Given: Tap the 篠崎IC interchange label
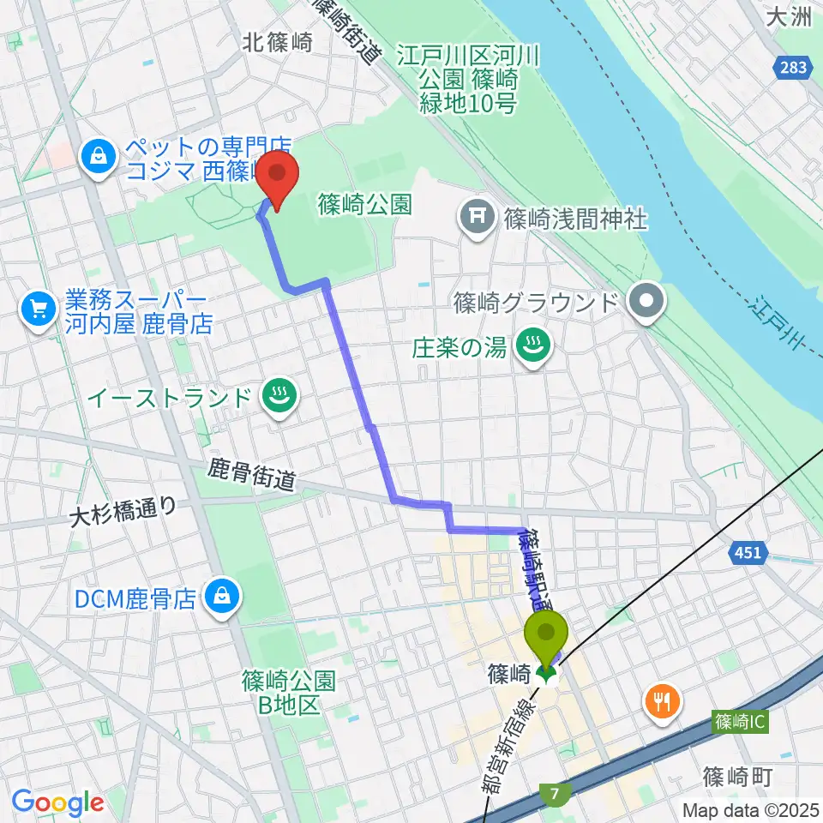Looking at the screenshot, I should point(739,724).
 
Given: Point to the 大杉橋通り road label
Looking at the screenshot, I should point(123,511).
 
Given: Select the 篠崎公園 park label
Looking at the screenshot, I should point(364,204).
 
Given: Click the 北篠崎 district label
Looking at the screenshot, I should point(277,41).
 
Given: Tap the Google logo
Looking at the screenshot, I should point(57,802).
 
